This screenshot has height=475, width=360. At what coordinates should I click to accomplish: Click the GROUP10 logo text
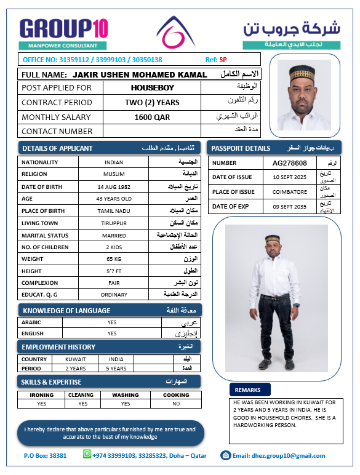(x=64, y=28)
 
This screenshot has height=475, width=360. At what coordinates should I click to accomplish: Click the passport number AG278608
(x=289, y=163)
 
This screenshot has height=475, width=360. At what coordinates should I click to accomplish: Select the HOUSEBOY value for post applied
(x=152, y=88)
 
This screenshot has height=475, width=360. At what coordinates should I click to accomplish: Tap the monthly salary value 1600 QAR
(x=152, y=117)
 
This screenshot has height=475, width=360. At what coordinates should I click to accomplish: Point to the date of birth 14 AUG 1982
(x=114, y=186)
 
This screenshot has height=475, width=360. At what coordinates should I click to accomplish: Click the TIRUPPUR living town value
(x=114, y=223)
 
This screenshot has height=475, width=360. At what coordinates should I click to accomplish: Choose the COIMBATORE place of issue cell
(x=289, y=192)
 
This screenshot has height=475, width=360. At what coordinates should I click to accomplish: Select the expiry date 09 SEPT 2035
(x=289, y=207)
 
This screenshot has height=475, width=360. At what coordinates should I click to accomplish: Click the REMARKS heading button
(x=249, y=390)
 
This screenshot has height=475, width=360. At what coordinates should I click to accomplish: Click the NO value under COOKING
(x=176, y=404)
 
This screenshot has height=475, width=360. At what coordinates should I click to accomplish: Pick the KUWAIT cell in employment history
(x=76, y=359)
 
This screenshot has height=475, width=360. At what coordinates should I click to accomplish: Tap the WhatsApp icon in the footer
(x=87, y=455)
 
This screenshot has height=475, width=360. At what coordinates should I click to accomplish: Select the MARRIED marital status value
(x=114, y=236)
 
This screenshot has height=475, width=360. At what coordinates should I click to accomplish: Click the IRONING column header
(x=42, y=396)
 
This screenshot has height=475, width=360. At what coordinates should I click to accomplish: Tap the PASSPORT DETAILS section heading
(x=241, y=148)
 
